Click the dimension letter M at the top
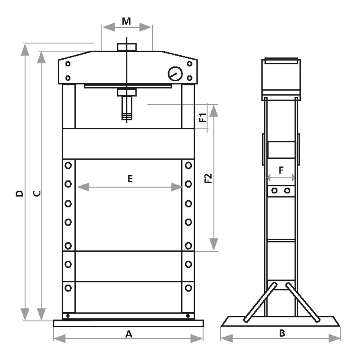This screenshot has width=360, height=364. (126, 21)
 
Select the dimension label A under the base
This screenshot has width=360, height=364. (128, 334)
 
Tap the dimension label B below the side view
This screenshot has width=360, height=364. (282, 333)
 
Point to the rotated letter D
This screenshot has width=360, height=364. (20, 193)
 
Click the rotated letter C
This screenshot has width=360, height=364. (37, 193)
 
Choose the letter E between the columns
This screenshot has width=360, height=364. (130, 179)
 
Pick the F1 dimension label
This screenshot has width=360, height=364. (203, 117)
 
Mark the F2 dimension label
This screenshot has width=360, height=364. (208, 178)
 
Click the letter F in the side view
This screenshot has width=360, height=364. (281, 170)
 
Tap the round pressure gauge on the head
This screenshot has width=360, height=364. (175, 74)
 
